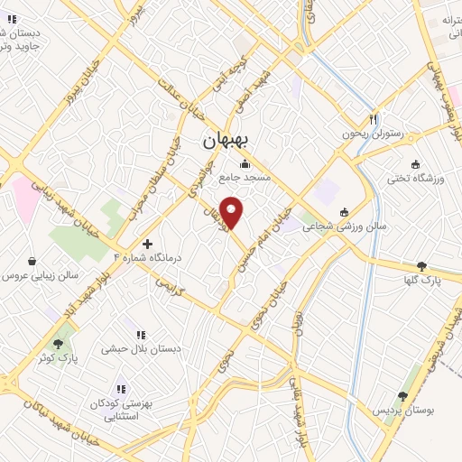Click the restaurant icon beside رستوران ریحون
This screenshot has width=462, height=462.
373,119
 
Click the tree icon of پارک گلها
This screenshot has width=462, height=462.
421,266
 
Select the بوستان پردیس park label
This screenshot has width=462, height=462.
404,411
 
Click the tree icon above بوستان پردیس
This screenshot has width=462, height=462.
402,395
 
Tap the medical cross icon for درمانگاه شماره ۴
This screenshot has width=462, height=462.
148,244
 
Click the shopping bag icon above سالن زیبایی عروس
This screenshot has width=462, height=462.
32,262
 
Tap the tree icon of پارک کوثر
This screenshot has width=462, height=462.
60,344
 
